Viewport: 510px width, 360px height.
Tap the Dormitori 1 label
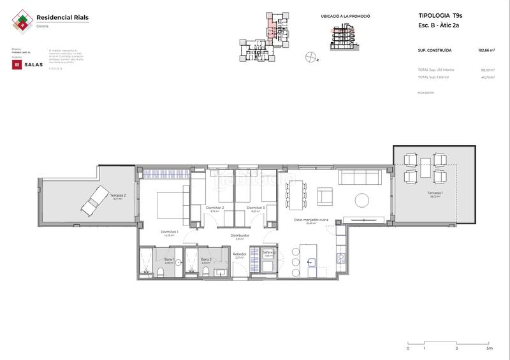coord(169,231)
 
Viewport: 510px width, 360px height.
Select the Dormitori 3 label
coord(256,208)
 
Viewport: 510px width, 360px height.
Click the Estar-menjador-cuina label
coord(311,220)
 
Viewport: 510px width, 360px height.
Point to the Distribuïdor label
coord(240,235)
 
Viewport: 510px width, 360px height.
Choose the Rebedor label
coord(240,254)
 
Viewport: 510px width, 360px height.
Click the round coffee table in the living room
coord(361,199)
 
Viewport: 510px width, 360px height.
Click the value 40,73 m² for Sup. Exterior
coord(488,76)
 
